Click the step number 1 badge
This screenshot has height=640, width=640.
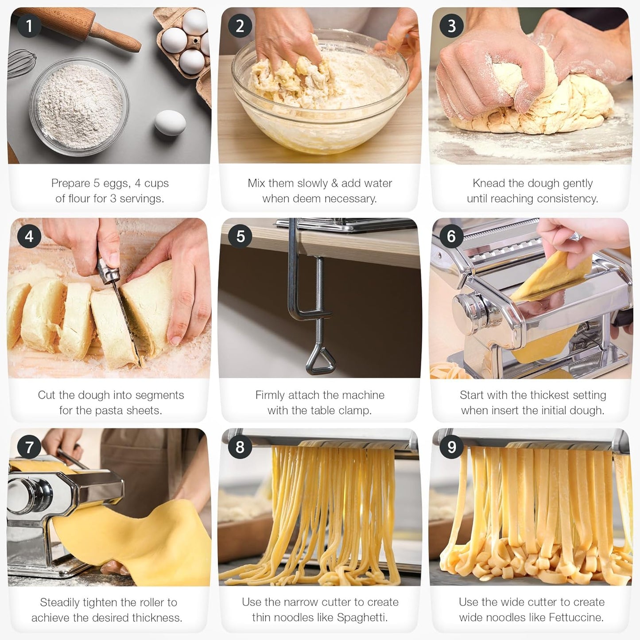tap(29, 26)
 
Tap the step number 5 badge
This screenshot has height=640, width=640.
tap(240, 236)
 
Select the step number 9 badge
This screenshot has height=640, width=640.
tap(451, 447)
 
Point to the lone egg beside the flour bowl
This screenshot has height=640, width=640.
tap(170, 122)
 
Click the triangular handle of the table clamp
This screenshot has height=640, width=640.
tap(318, 359)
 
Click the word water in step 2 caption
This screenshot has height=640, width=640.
tap(376, 183)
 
